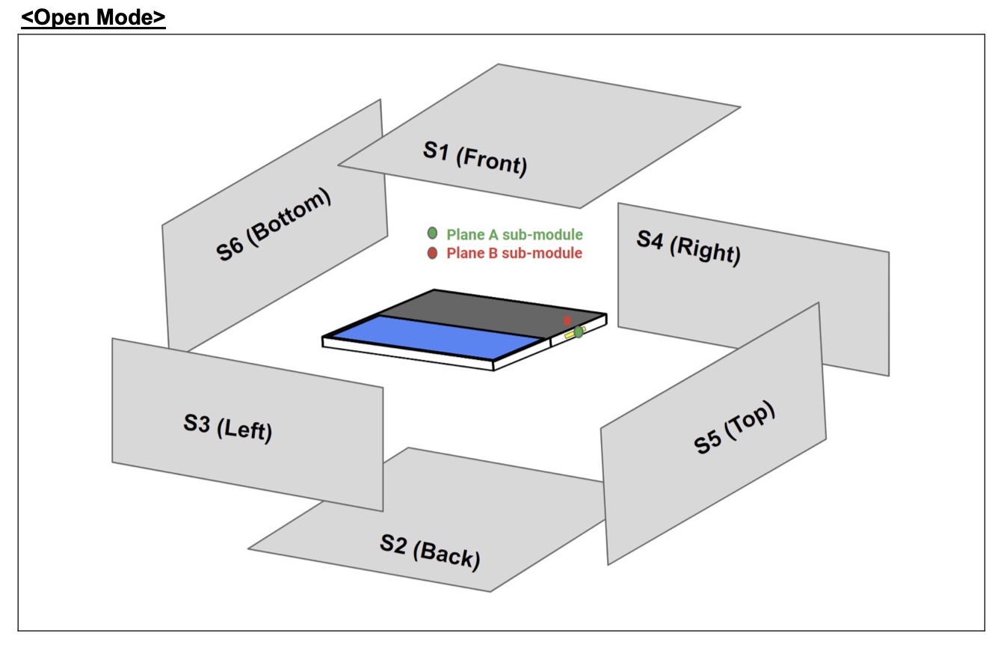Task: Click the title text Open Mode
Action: click(93, 17)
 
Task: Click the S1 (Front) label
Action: click(475, 159)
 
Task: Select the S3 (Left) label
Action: click(228, 428)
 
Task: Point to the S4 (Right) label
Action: click(689, 248)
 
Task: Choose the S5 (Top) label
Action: click(734, 427)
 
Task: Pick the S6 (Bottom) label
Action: click(273, 224)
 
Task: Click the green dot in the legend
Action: click(432, 233)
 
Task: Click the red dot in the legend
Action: click(432, 253)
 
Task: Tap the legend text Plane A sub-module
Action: click(514, 234)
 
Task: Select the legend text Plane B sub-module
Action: click(514, 253)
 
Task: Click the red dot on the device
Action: click(567, 320)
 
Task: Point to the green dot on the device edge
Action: click(579, 331)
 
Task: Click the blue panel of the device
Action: click(437, 337)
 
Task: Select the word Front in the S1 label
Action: click(492, 162)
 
